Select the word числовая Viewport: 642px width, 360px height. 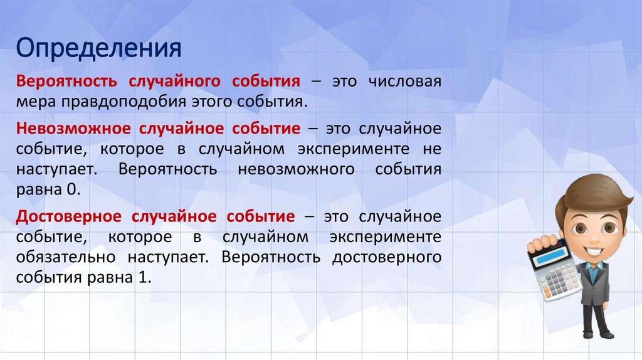pos(405,82)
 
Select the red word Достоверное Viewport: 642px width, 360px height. pos(69,217)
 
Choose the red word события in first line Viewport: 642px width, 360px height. pos(266,82)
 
